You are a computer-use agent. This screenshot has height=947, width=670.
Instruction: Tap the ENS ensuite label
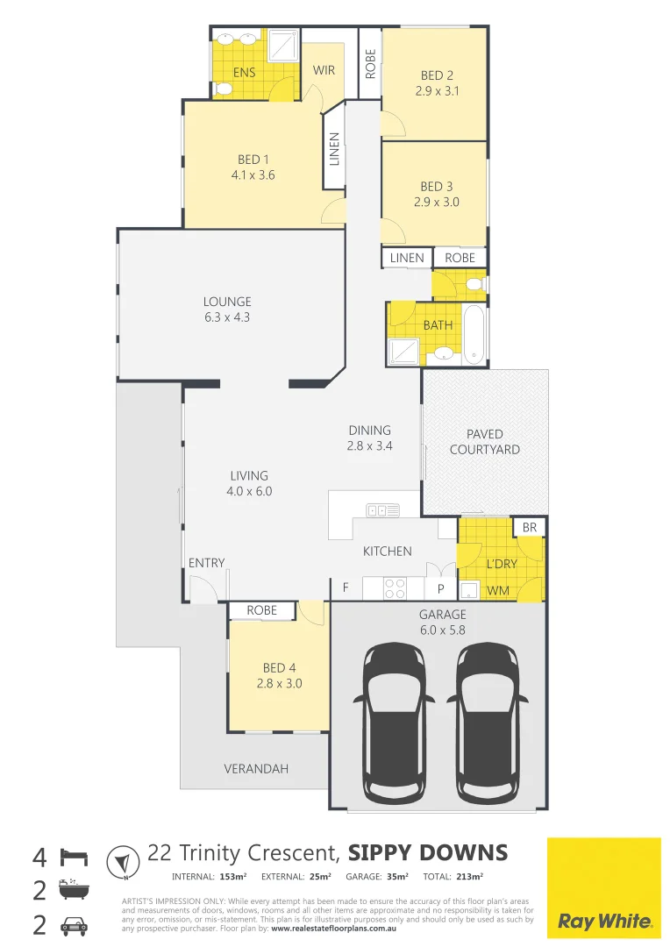pos(245,73)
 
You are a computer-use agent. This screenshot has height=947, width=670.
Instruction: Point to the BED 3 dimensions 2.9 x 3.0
pos(437,202)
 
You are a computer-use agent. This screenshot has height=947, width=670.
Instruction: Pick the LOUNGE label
pos(227,302)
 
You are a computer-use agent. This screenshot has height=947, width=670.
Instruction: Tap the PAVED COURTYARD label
pos(484,442)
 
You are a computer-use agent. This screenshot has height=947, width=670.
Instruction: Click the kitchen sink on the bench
pos(382,509)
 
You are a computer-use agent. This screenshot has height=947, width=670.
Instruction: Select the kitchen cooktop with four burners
pos(393,587)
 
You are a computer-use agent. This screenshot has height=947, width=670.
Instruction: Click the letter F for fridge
pos(346,588)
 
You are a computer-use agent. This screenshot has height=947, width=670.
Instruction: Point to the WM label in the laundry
pos(497,590)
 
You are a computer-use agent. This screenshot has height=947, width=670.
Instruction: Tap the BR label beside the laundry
pos(529,528)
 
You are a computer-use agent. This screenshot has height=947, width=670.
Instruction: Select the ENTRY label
pos(206,563)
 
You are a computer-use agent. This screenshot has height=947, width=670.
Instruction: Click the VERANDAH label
pos(256,769)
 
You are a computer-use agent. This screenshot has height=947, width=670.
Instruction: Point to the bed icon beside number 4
pos(74,856)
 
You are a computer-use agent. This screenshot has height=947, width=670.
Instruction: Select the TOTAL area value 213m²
pos(470,876)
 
